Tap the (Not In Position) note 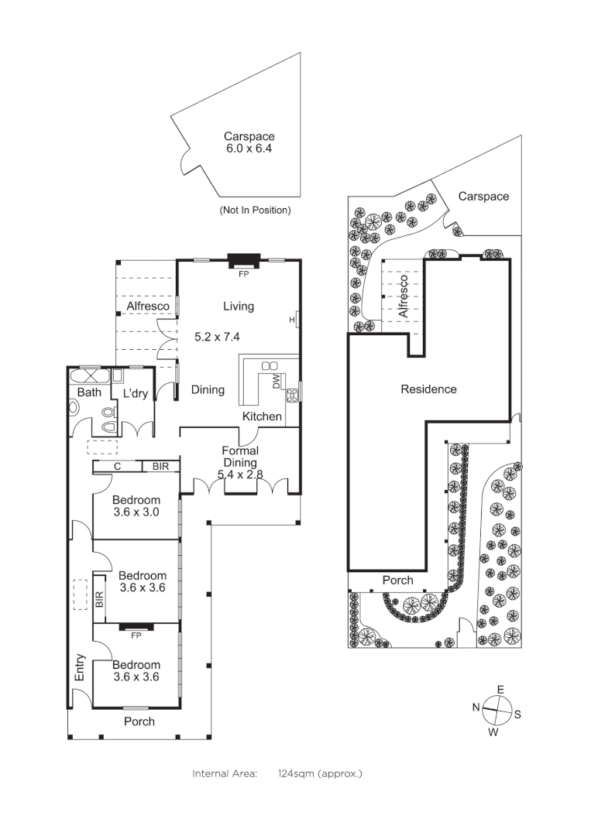pos(255,210)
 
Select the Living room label pos(239,307)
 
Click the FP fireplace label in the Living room pos(242,274)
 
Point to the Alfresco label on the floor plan pos(148,307)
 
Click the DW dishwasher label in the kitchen pos(276,381)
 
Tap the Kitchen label pos(263,416)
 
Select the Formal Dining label pos(240,457)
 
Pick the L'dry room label pos(136,394)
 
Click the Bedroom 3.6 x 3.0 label pos(136,506)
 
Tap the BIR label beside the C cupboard pos(160,467)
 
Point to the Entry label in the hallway pos(80,668)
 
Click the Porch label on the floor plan pos(139,721)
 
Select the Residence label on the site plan pos(428,389)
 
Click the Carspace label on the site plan pos(483,197)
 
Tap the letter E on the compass pos(500,689)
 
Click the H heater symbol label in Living pos(292,319)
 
